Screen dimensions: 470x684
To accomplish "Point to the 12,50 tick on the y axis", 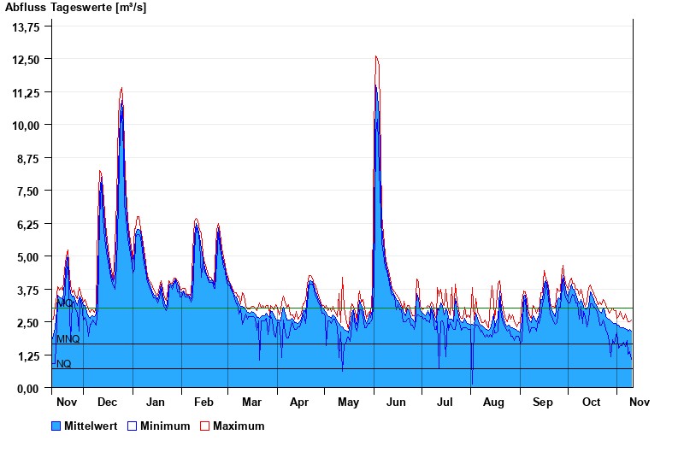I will [x=27, y=59].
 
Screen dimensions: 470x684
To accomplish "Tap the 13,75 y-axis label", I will [x=27, y=26].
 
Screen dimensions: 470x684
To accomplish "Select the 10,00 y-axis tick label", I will [x=27, y=125].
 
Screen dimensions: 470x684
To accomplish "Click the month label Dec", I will [x=108, y=402].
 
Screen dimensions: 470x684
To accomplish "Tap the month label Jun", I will [x=397, y=402].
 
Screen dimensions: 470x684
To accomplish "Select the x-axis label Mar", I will [x=252, y=402].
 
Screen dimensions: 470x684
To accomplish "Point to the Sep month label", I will [x=543, y=402].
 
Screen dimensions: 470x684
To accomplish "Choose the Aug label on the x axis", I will [x=493, y=402].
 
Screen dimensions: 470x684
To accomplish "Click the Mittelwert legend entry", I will [x=91, y=426].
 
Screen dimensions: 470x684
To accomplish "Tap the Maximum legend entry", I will [x=239, y=426].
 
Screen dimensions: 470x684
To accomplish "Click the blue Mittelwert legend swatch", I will [x=56, y=426].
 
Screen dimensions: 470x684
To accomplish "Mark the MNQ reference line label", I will [x=68, y=339].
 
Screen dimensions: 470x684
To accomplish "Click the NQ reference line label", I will [x=64, y=364].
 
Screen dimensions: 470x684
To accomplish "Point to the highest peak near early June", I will [x=376, y=57].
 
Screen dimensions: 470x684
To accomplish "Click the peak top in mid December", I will [x=121, y=88].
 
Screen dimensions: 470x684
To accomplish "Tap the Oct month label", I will [x=591, y=402].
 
